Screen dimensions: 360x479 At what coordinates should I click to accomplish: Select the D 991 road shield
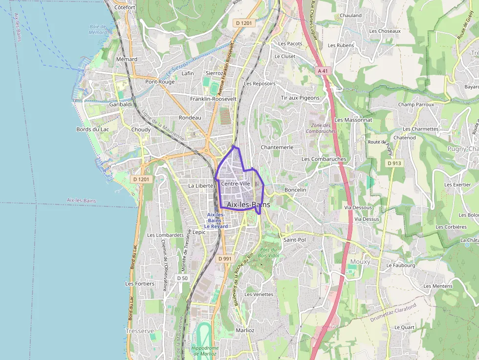(x=224, y=258)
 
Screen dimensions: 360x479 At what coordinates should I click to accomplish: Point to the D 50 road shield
(x=182, y=278)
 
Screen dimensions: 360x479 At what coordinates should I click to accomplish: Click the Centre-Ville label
(x=236, y=184)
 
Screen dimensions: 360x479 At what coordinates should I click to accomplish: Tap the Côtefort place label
(x=124, y=8)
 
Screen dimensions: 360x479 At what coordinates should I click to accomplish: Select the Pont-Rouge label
(x=160, y=82)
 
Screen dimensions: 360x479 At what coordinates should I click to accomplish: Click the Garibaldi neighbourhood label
(x=121, y=105)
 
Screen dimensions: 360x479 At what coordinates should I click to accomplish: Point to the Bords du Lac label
(x=92, y=129)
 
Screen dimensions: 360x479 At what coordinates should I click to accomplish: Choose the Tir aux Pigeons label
(x=300, y=98)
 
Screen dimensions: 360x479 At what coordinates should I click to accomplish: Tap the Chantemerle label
(x=277, y=147)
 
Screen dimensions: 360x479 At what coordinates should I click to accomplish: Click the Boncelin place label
(x=295, y=190)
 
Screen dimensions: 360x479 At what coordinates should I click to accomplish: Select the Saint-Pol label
(x=295, y=240)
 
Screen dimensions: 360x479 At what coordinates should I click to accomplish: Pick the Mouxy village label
(x=360, y=262)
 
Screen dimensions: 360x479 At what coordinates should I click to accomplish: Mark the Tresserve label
(x=140, y=331)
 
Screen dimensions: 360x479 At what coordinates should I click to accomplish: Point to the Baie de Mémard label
(x=98, y=29)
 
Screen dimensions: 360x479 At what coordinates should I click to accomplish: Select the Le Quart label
(x=404, y=327)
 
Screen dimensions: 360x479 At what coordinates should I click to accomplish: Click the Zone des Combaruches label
(x=321, y=128)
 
